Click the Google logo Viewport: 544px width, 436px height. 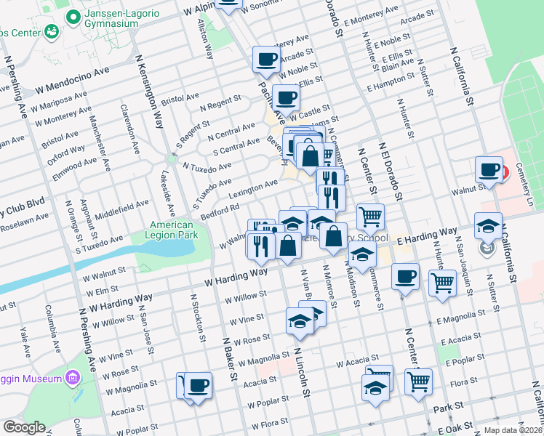click(24, 427)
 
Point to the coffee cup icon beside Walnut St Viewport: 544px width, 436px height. click(489, 169)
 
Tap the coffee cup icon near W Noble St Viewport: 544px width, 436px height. click(266, 59)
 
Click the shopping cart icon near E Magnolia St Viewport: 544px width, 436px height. click(442, 283)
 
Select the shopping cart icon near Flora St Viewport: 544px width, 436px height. click(418, 381)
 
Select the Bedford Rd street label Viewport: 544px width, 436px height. click(220, 209)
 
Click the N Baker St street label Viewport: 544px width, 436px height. click(230, 363)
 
